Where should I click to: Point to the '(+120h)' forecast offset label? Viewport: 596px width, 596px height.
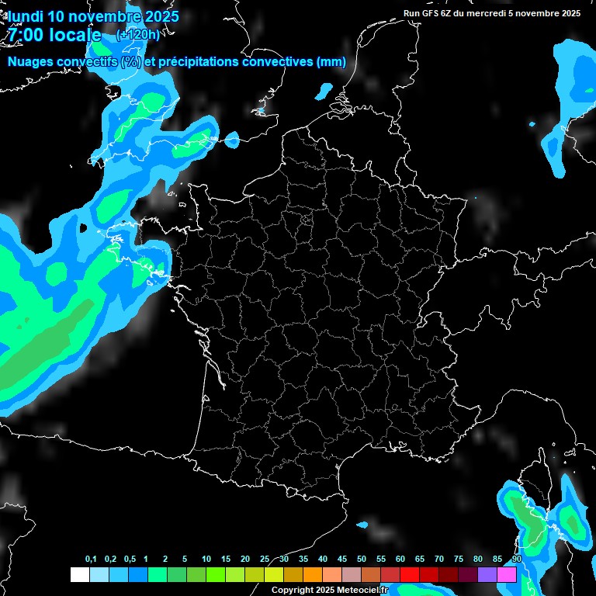137,35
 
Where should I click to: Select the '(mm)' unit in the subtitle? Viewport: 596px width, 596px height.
331,62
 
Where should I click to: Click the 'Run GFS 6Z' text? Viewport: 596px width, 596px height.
428,13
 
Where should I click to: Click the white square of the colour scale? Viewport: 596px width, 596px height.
79,574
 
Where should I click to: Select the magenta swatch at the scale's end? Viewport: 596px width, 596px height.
506,574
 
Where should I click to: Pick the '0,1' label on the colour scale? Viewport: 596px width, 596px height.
91,560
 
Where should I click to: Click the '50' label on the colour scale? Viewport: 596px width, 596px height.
362,560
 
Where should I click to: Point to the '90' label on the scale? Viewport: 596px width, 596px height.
516,560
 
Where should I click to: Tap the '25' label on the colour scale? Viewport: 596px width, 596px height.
265,560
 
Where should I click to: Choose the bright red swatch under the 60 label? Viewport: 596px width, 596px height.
409,574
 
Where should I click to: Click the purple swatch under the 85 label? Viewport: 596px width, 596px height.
487,574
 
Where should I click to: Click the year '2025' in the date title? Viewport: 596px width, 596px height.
160,16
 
